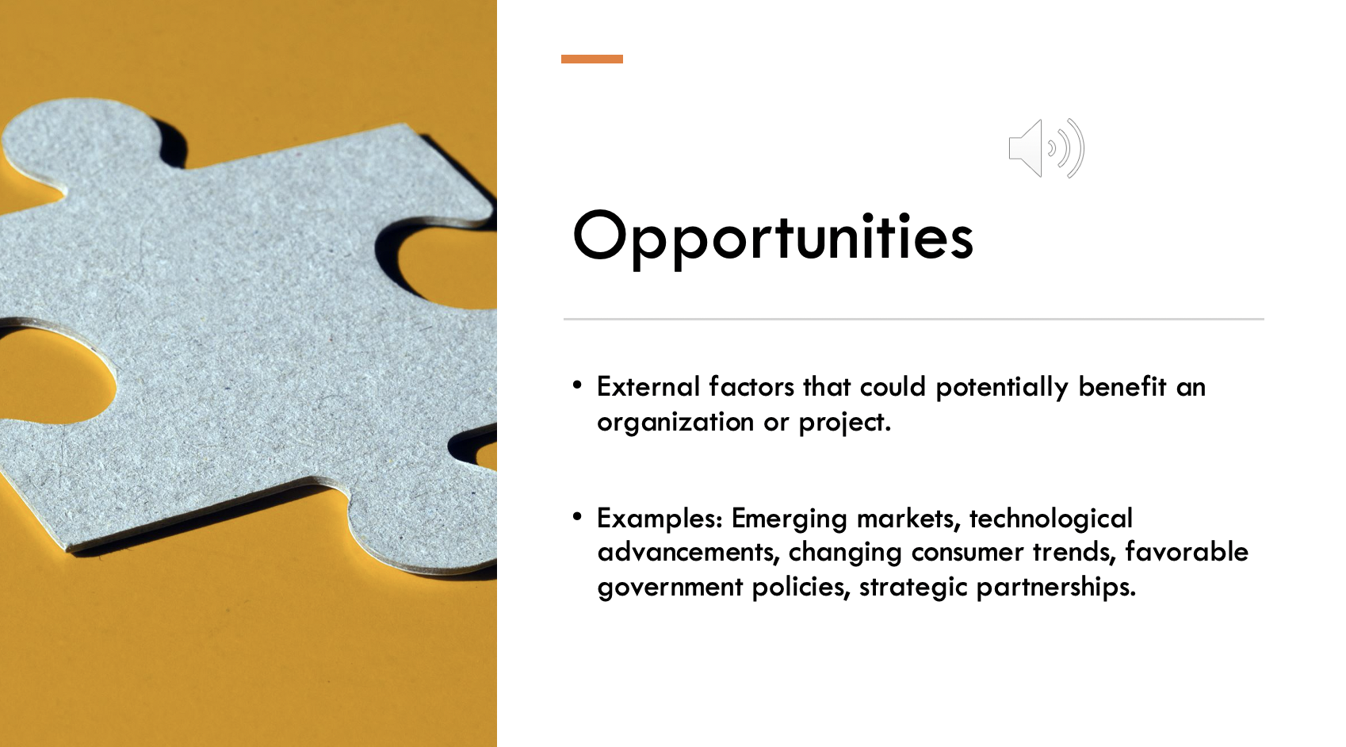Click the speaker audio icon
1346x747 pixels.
pos(1046,148)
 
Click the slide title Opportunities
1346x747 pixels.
pos(772,236)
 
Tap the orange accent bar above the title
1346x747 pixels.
pos(591,59)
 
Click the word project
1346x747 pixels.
pos(843,423)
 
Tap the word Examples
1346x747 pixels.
pos(659,519)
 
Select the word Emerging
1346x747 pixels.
pos(789,519)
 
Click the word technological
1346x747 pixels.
pos(1050,519)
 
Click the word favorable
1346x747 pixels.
pos(1186,552)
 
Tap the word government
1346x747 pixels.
pos(670,588)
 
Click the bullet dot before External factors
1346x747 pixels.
pos(577,386)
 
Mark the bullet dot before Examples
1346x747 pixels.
pos(577,518)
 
